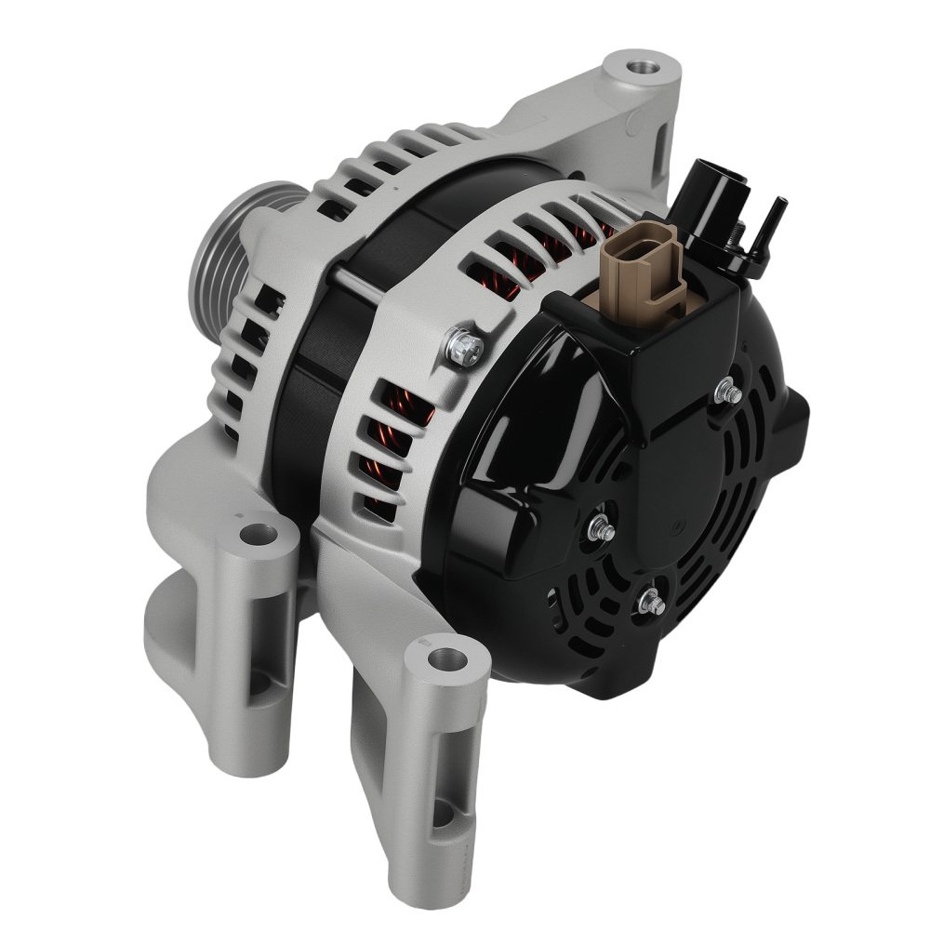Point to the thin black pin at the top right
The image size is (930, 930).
pyautogui.click(x=771, y=223)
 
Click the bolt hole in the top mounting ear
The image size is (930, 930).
pyautogui.click(x=639, y=67)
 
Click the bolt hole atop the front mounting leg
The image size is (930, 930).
pyautogui.click(x=449, y=659)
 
